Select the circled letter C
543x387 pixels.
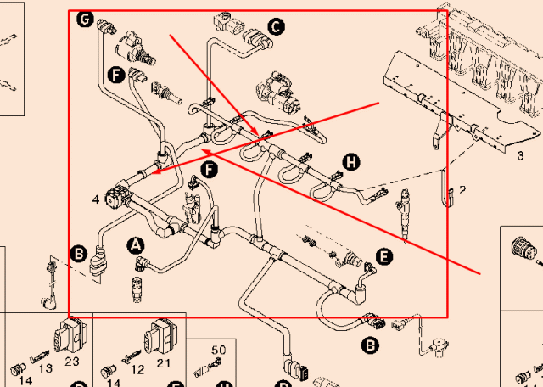(x=276, y=27)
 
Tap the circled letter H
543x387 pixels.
(x=350, y=162)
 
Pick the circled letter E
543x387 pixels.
(x=384, y=255)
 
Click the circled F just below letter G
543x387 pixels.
(x=116, y=75)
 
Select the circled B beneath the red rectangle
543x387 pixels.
(x=370, y=345)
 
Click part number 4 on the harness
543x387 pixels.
(x=97, y=199)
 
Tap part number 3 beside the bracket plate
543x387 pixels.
(x=520, y=156)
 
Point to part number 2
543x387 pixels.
(x=462, y=190)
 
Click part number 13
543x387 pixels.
(x=47, y=367)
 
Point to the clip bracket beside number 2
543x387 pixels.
(x=447, y=193)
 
